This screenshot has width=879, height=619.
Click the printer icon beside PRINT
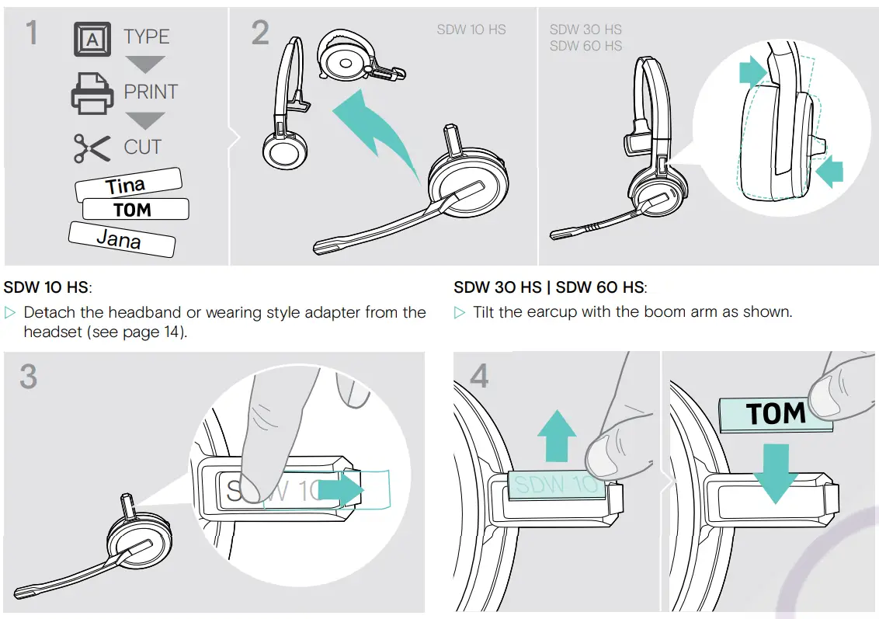pyautogui.click(x=92, y=93)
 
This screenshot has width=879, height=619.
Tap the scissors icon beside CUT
pyautogui.click(x=92, y=148)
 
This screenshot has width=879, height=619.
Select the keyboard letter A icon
pyautogui.click(x=92, y=39)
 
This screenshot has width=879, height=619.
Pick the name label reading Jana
pyautogui.click(x=120, y=238)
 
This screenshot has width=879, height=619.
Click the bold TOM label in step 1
pyautogui.click(x=134, y=210)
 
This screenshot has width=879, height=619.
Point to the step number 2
pyautogui.click(x=260, y=33)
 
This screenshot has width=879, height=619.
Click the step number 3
pyautogui.click(x=28, y=377)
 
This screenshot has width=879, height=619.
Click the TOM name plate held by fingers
pyautogui.click(x=774, y=414)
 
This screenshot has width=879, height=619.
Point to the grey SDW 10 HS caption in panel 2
pyautogui.click(x=471, y=30)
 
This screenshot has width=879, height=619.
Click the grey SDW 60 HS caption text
pyautogui.click(x=585, y=46)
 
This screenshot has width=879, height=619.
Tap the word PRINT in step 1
pyautogui.click(x=151, y=92)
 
